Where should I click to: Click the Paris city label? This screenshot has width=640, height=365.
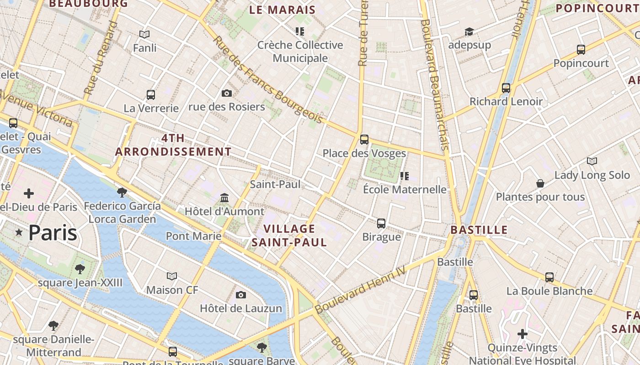[53, 233]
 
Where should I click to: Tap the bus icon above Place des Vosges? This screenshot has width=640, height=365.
[364, 139]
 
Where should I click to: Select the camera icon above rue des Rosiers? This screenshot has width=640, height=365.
[226, 93]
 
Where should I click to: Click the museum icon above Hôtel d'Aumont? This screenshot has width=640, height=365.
[224, 198]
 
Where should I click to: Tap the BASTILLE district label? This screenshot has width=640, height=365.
[479, 229]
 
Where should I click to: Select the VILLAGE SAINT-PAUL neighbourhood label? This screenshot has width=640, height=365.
[289, 235]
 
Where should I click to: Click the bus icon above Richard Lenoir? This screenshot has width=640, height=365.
[506, 88]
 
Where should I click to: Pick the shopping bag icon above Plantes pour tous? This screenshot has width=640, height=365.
[540, 183]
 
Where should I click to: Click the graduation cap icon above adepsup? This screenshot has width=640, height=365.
[469, 31]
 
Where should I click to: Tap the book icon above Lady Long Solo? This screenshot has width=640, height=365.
[592, 161]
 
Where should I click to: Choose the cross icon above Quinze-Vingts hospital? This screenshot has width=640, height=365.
[523, 334]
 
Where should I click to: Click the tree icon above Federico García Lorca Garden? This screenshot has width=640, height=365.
[122, 192]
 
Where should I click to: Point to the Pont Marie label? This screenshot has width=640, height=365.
[193, 236]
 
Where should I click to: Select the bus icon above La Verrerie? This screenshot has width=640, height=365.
[151, 94]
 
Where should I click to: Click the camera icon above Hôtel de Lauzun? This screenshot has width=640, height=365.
[241, 295]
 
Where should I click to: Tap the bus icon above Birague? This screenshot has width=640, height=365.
[381, 223]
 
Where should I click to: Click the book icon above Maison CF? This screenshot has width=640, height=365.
[172, 276]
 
